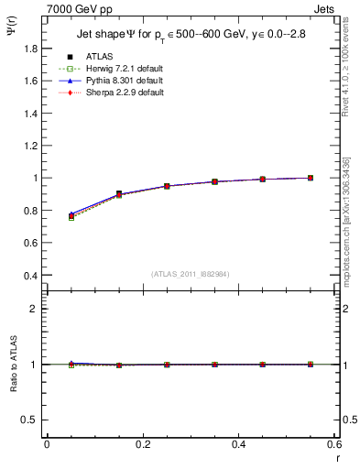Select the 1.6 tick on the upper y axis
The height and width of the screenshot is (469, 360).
coord(30,81)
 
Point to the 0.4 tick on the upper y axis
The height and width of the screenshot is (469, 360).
coord(30,275)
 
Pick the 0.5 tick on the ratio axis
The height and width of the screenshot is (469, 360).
coord(30,420)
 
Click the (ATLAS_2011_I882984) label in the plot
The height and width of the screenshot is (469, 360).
coord(191,274)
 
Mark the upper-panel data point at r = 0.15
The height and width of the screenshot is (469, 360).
coord(119,194)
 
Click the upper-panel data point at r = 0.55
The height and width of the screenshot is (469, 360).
coord(311,178)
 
